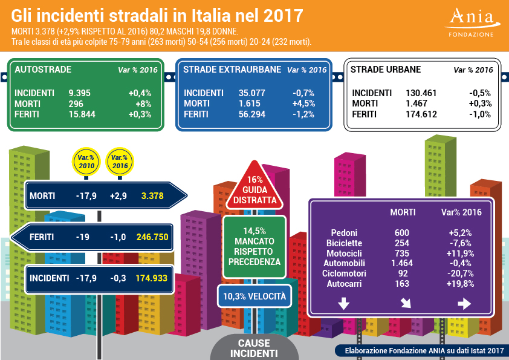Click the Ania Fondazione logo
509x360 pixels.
(x=472, y=22)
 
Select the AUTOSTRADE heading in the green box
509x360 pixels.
(x=42, y=70)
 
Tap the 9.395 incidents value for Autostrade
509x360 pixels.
(x=80, y=93)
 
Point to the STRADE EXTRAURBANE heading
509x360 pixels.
(x=232, y=70)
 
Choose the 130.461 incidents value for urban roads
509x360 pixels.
(x=421, y=93)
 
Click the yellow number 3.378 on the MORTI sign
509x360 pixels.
(x=152, y=196)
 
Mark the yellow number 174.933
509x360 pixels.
(x=152, y=278)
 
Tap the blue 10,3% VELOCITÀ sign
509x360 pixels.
(x=254, y=296)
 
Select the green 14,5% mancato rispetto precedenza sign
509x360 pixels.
(x=254, y=246)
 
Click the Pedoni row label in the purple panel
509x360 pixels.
(x=345, y=232)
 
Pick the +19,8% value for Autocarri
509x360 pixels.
(x=461, y=283)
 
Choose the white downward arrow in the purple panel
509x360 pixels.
(x=343, y=304)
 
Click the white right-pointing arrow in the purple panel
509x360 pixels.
(x=464, y=304)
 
